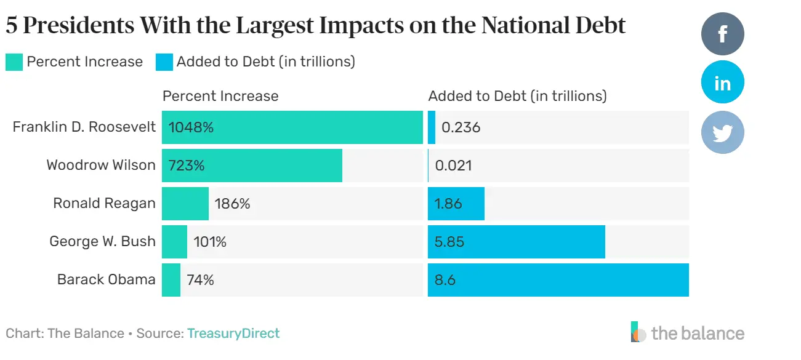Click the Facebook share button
pyautogui.click(x=722, y=34)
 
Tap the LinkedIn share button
pyautogui.click(x=722, y=82)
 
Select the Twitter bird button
pyautogui.click(x=722, y=132)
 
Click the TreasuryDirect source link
pyautogui.click(x=233, y=334)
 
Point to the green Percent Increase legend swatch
pyautogui.click(x=14, y=62)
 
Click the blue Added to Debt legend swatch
pyautogui.click(x=164, y=62)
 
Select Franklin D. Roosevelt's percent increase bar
pyautogui.click(x=292, y=127)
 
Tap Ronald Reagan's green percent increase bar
pyautogui.click(x=185, y=204)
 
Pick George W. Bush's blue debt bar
pyautogui.click(x=516, y=242)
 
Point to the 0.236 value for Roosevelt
pyautogui.click(x=461, y=127)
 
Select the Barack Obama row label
pyautogui.click(x=106, y=279)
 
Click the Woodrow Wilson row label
pyautogui.click(x=101, y=165)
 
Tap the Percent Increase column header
pyautogui.click(x=220, y=96)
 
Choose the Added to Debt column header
pyautogui.click(x=517, y=96)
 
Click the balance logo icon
pyautogui.click(x=638, y=332)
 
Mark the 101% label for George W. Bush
pyautogui.click(x=209, y=242)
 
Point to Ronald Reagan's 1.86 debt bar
pyautogui.click(x=456, y=204)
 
